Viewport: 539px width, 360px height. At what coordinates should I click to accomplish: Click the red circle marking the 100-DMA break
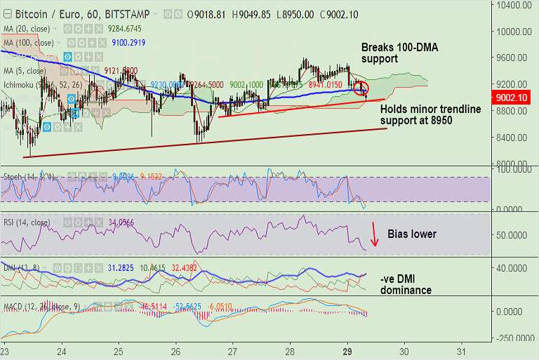[x=361, y=88]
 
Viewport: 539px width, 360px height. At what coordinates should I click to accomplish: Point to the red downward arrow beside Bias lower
[x=375, y=234]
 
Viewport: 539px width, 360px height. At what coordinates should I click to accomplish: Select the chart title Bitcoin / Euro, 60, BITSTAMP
[x=74, y=13]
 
